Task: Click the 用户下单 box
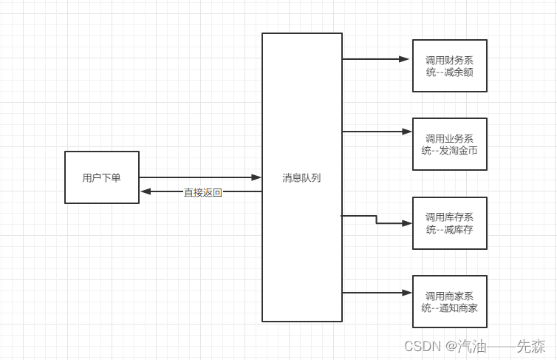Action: tap(102, 177)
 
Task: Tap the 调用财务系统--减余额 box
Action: tap(449, 65)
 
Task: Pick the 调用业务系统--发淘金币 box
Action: tap(449, 144)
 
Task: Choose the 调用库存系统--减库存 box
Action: tap(449, 223)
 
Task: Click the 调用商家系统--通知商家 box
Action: tap(449, 302)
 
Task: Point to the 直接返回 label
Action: tap(202, 192)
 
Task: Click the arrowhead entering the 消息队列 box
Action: tap(256, 177)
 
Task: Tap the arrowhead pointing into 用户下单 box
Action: tap(146, 191)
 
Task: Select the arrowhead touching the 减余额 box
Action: tap(406, 58)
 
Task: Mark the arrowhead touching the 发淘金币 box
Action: tap(406, 132)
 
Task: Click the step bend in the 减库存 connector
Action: tap(377, 220)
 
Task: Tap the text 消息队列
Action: tap(301, 177)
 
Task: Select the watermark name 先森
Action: tap(531, 346)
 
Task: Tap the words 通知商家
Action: tap(459, 308)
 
